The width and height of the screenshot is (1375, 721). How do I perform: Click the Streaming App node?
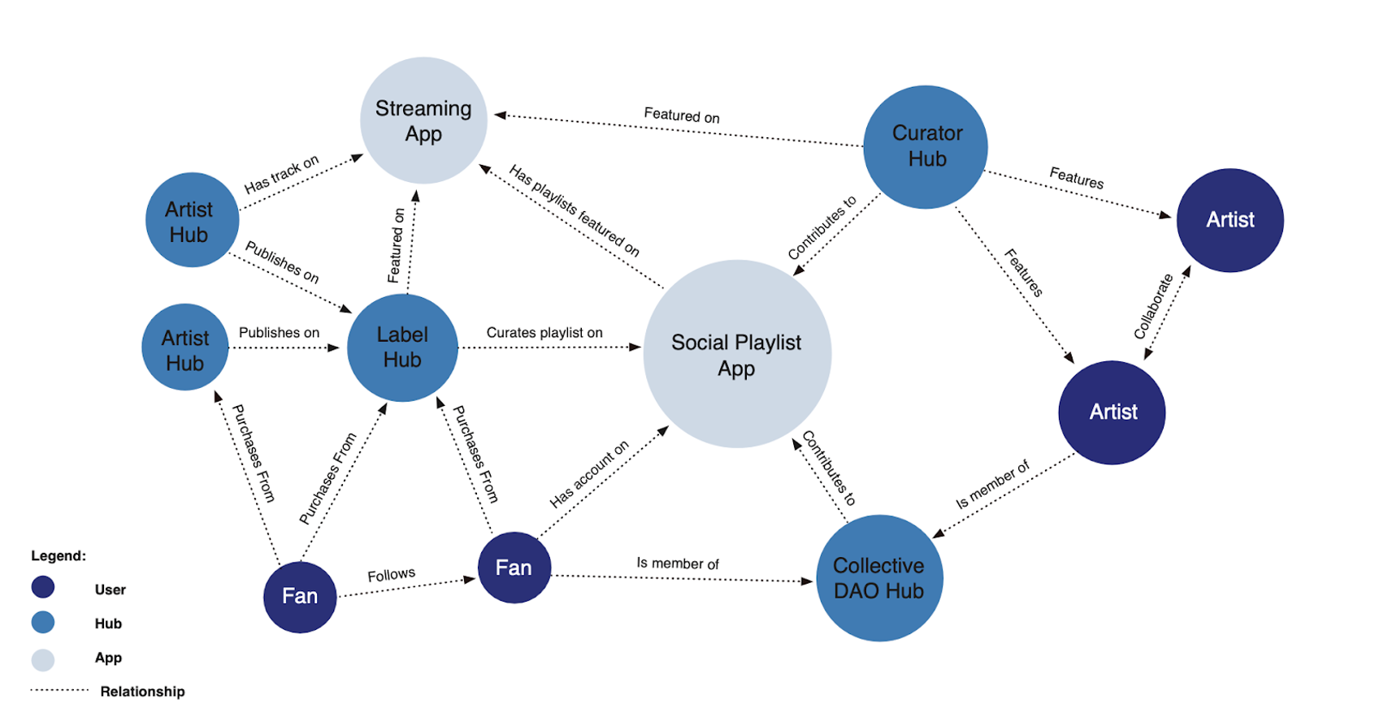423,120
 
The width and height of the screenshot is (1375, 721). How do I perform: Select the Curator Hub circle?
926,146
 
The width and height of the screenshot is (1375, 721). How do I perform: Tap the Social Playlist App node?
736,354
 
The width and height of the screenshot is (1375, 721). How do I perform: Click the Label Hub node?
402,348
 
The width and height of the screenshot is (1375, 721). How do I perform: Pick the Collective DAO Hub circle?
878,578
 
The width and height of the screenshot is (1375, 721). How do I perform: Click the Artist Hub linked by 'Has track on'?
192,220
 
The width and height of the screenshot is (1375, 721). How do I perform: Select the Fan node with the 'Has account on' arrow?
514,568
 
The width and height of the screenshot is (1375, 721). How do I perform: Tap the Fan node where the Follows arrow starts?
300,597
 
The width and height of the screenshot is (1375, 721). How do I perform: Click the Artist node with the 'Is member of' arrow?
1112,412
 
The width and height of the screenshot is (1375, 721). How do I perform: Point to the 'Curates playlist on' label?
544,333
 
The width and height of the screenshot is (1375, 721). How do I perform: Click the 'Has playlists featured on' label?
574,210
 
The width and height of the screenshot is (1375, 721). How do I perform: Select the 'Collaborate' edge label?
1153,307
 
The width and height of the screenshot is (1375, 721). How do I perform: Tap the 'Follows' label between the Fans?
391,575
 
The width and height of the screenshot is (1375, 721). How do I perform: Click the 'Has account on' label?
589,475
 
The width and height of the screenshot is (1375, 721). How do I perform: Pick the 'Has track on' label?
281,175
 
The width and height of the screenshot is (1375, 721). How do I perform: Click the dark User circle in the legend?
43,587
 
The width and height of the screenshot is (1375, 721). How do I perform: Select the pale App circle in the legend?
43,659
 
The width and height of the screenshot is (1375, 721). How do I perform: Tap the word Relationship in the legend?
142,692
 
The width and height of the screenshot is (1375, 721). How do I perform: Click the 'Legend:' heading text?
59,556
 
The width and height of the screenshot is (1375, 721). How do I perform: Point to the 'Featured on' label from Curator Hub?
681,115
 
